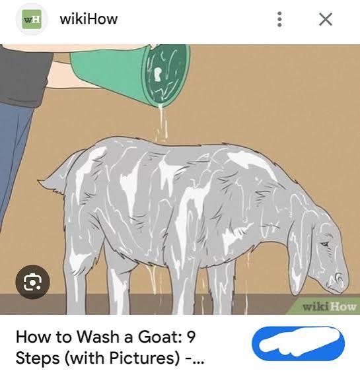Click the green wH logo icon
click(32, 19)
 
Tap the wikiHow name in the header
click(89, 18)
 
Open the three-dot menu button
click(279, 19)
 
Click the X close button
click(326, 19)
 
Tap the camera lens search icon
click(32, 282)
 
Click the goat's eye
click(324, 244)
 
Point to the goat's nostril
click(338, 277)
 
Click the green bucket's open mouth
click(166, 75)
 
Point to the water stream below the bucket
click(161, 123)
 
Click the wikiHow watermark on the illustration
click(329, 307)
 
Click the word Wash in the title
click(97, 337)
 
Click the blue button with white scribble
click(298, 343)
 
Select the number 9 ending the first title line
click(191, 337)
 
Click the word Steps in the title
click(38, 358)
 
